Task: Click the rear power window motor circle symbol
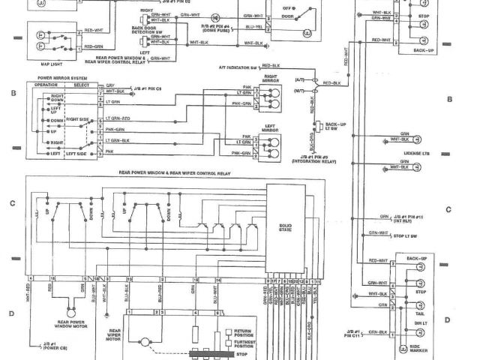pos(72,309)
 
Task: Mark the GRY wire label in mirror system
pos(109,85)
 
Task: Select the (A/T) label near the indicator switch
pos(300,79)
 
